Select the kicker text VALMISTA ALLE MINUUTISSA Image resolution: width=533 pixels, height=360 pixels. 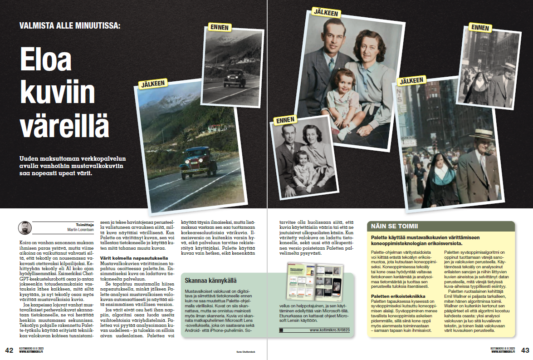(70, 25)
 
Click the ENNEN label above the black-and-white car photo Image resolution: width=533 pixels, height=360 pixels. (220, 27)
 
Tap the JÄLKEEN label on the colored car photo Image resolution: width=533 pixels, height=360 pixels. (153, 84)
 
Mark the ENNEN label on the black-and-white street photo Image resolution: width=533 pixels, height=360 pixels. (480, 28)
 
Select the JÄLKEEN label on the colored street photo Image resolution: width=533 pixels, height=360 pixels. (411, 81)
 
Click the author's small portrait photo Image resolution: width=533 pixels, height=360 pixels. (25, 228)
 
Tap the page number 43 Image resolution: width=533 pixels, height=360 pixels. (525, 350)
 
